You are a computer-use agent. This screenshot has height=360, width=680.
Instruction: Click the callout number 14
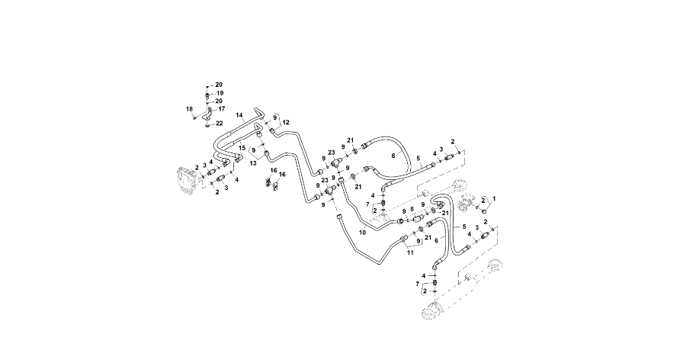[239, 116]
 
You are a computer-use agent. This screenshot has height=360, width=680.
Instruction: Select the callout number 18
[189, 110]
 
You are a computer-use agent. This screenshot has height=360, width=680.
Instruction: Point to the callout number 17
[221, 109]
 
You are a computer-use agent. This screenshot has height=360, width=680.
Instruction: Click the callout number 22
[219, 123]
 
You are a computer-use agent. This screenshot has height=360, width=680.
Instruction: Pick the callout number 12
[286, 122]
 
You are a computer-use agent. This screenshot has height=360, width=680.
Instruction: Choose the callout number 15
[242, 147]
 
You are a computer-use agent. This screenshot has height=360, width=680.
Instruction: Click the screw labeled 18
[196, 117]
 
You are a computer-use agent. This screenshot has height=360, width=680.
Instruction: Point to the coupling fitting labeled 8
[416, 220]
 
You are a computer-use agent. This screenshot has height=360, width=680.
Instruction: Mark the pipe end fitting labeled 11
[404, 239]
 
